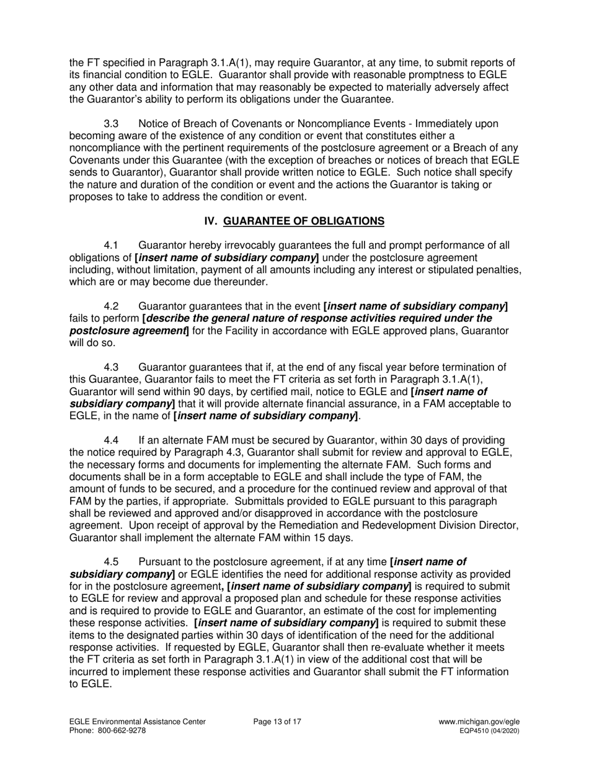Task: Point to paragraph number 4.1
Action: (x=112, y=246)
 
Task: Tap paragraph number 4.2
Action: (x=112, y=306)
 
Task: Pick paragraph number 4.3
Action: (x=112, y=367)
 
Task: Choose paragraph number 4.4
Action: (x=112, y=440)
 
